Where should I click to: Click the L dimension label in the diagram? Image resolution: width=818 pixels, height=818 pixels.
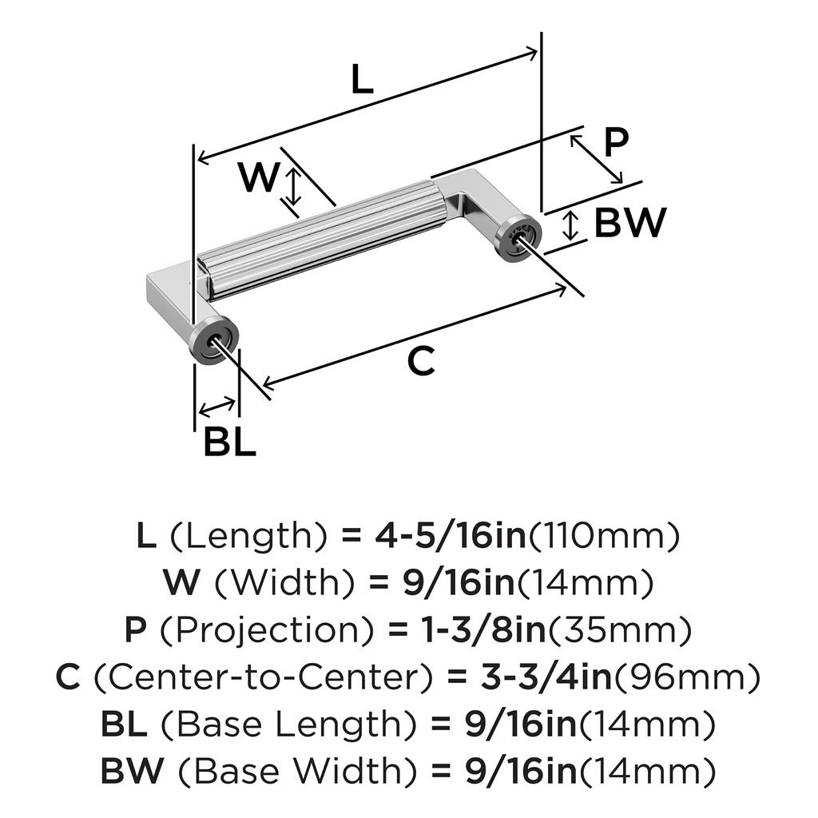(362, 80)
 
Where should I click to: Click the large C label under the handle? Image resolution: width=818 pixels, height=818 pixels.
(420, 362)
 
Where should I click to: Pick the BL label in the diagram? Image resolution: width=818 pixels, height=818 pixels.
(229, 442)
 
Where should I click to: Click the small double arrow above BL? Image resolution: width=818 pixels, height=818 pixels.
(217, 407)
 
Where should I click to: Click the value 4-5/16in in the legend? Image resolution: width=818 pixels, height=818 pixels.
(451, 537)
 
